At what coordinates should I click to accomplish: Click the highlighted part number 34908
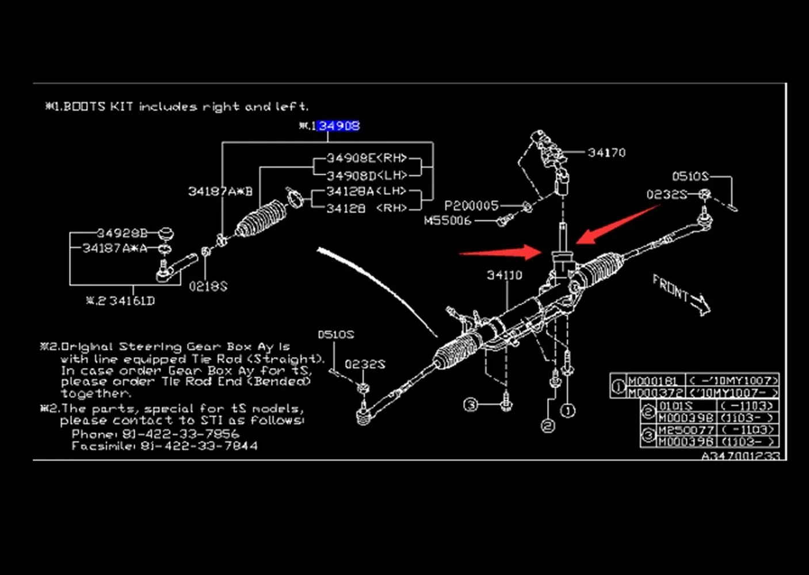pyautogui.click(x=339, y=126)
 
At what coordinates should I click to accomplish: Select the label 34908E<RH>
pyautogui.click(x=367, y=158)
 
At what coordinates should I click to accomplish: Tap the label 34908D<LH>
pyautogui.click(x=367, y=175)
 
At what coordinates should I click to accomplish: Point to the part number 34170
pyautogui.click(x=606, y=152)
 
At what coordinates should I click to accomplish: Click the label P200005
pyautogui.click(x=471, y=206)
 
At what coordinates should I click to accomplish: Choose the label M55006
pyautogui.click(x=447, y=221)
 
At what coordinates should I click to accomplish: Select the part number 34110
pyautogui.click(x=505, y=275)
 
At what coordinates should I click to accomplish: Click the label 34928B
pyautogui.click(x=122, y=233)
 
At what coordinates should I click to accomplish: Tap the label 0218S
pyautogui.click(x=208, y=286)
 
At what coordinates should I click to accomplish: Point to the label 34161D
pyautogui.click(x=132, y=301)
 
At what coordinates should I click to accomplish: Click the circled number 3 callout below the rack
pyautogui.click(x=471, y=405)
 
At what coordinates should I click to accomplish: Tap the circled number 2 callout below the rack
pyautogui.click(x=548, y=425)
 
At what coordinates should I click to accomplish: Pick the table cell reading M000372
pyautogui.click(x=655, y=392)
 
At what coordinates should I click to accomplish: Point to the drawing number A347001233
pyautogui.click(x=741, y=456)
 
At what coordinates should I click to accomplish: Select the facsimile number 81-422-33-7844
pyautogui.click(x=199, y=446)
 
